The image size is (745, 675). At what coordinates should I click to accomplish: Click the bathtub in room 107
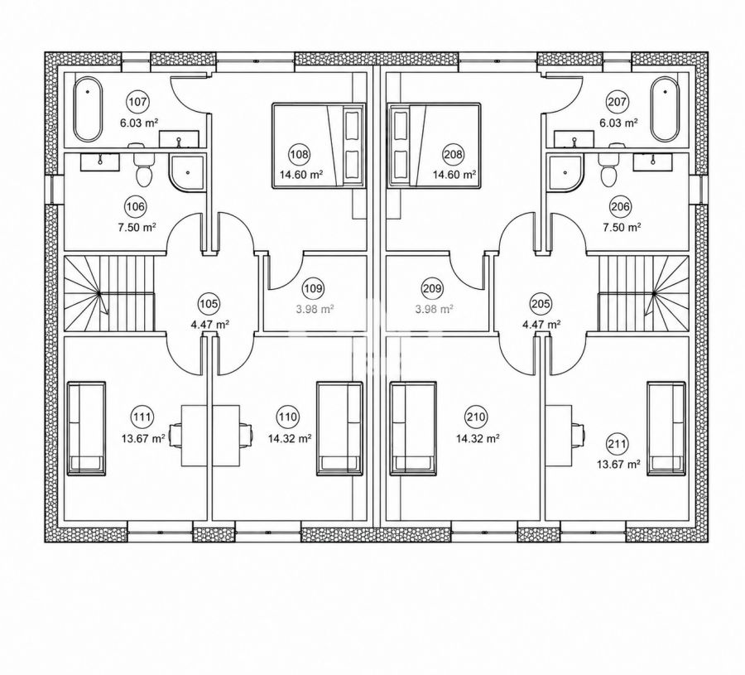click(x=88, y=109)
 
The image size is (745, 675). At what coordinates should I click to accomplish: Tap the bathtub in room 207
click(x=666, y=109)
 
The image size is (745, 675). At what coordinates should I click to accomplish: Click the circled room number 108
click(x=300, y=154)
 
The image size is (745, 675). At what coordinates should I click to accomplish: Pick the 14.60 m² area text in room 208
click(x=454, y=175)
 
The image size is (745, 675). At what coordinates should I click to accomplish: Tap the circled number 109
click(x=314, y=288)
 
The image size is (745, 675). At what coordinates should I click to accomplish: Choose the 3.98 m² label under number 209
click(x=434, y=309)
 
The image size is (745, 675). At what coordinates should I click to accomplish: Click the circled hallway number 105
click(x=209, y=303)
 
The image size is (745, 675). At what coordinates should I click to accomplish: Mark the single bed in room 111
click(x=86, y=428)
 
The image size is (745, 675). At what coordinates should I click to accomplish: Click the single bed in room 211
click(x=666, y=428)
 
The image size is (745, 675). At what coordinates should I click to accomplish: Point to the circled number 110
click(x=287, y=417)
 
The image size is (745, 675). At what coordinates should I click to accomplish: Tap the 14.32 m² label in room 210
click(x=478, y=439)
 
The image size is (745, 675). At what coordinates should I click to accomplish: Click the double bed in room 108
click(x=319, y=146)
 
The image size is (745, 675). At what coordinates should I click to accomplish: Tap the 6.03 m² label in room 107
click(x=139, y=123)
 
